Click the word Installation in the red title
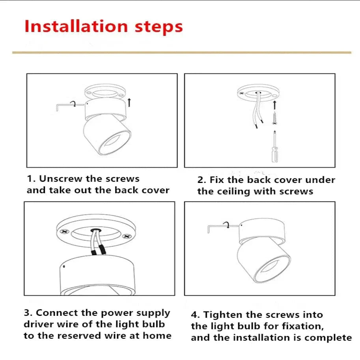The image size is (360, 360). tap(76, 26)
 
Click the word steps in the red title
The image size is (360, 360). tap(159, 28)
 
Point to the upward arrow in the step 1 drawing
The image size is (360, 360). tap(129, 103)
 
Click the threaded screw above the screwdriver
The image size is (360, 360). tap(274, 118)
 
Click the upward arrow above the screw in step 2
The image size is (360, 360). tap(274, 105)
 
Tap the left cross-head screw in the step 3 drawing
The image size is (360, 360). tap(65, 231)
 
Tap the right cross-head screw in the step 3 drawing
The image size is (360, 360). tap(127, 236)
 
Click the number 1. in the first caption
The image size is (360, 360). tap(31, 179)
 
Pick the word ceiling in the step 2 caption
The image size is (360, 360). tap(233, 192)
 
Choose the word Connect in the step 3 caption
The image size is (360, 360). tap(57, 313)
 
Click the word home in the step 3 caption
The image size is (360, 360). tap(157, 336)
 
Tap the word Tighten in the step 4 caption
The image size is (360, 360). tap(223, 315)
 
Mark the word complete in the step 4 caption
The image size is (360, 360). tap(328, 338)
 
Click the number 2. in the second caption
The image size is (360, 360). tap(202, 180)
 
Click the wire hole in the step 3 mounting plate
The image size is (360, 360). tap(96, 230)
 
